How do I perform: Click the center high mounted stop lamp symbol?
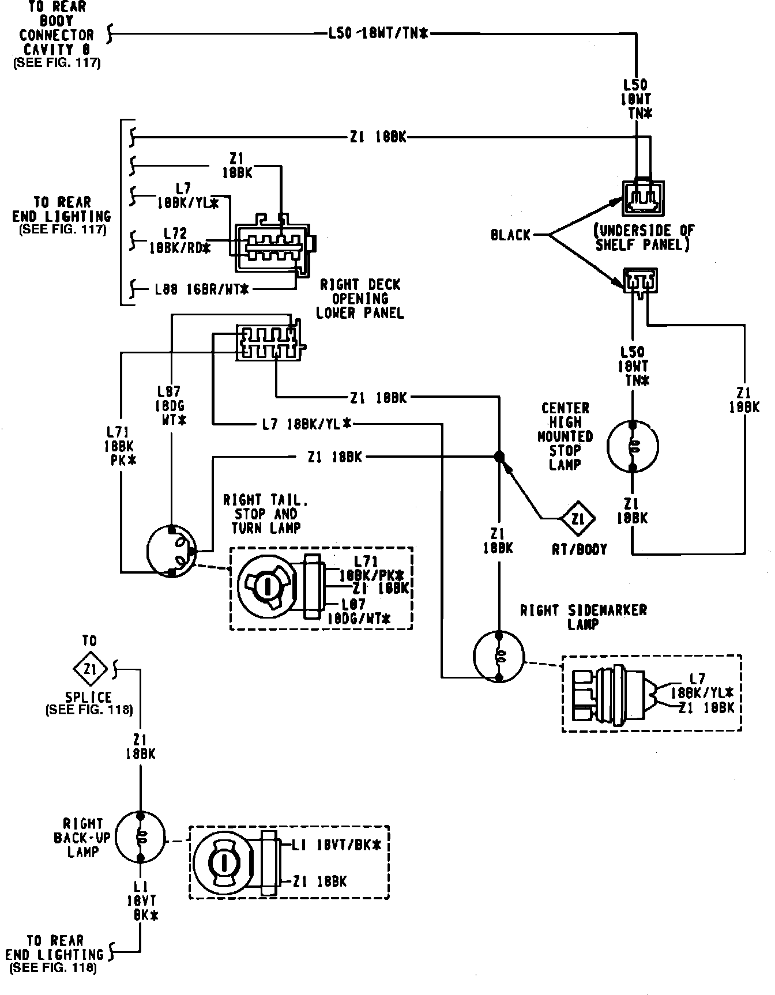[x=633, y=446]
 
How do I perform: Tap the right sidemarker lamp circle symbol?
[x=499, y=657]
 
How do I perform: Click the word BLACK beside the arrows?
[x=510, y=235]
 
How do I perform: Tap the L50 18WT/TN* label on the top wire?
[x=378, y=34]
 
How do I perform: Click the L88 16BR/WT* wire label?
[x=201, y=289]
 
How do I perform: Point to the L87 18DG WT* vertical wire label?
[x=172, y=406]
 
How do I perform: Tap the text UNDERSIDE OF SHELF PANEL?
[x=645, y=238]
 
